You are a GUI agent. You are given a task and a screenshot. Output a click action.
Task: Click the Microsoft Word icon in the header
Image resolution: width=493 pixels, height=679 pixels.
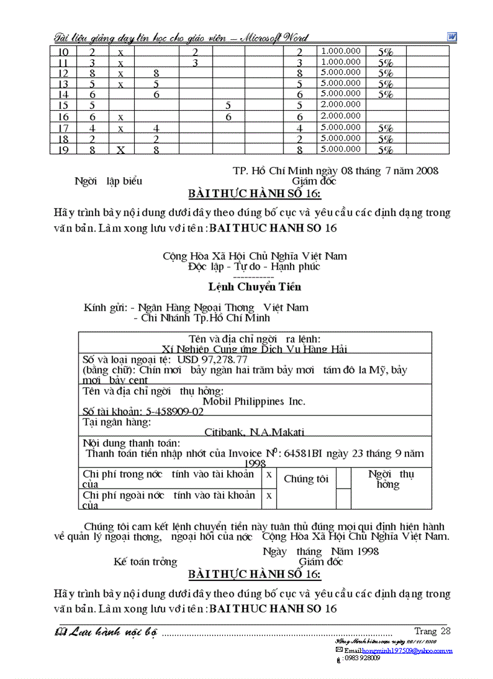(452, 37)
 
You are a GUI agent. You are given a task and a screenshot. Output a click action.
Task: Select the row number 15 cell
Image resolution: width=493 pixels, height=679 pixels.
(63, 105)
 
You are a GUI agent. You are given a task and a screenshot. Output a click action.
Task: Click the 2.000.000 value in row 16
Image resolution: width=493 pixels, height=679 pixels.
(340, 115)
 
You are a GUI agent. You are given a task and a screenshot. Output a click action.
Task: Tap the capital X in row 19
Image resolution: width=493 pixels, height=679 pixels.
(120, 150)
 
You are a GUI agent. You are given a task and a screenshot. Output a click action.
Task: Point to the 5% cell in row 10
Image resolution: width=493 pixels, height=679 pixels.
(385, 53)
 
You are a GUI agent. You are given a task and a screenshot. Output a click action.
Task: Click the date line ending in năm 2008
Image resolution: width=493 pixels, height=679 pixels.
(335, 171)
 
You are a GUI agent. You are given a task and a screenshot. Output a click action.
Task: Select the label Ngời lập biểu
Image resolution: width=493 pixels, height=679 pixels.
(108, 181)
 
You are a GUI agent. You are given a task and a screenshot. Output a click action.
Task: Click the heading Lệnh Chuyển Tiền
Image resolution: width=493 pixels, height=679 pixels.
(254, 287)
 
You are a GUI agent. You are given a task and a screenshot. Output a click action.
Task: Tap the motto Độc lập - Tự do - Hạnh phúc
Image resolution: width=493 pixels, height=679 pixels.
(254, 267)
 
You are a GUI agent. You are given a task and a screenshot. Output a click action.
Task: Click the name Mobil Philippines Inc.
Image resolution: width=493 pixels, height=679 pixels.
(254, 401)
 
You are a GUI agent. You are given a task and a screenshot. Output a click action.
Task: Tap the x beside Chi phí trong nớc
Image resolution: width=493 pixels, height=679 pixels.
(268, 475)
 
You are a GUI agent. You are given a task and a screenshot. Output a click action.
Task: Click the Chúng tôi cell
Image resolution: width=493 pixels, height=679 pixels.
(306, 479)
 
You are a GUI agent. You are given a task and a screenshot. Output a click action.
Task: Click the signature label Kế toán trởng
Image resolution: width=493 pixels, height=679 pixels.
(145, 562)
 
